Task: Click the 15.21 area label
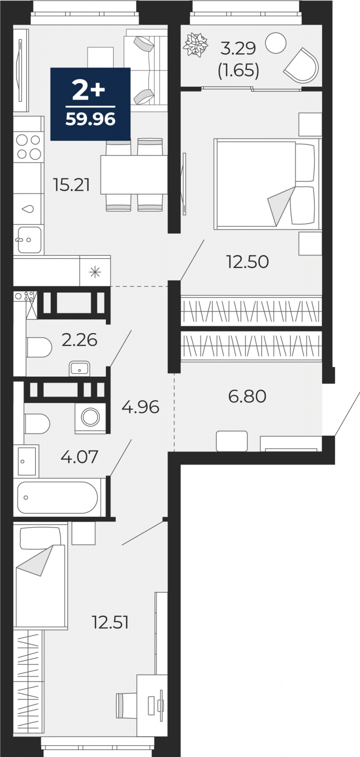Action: tap(71, 185)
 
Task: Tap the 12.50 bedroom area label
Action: tap(247, 262)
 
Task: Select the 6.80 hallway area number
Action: tap(247, 396)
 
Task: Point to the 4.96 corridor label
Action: tap(140, 407)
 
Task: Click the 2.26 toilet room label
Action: tap(79, 340)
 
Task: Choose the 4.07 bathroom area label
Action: tap(79, 457)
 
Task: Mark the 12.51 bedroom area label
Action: tap(110, 623)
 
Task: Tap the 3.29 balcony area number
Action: tap(238, 48)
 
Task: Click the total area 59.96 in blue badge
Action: tap(91, 119)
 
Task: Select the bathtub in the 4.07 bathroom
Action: tap(57, 497)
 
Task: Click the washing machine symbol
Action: tap(90, 417)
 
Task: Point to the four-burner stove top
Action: tap(29, 147)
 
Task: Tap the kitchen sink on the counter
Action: tap(29, 239)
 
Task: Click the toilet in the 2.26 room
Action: tap(39, 347)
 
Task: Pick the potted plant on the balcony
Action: tap(195, 44)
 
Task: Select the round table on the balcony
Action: tap(276, 43)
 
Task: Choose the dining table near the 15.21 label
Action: tap(134, 175)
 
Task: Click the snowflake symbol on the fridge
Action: tap(95, 272)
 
